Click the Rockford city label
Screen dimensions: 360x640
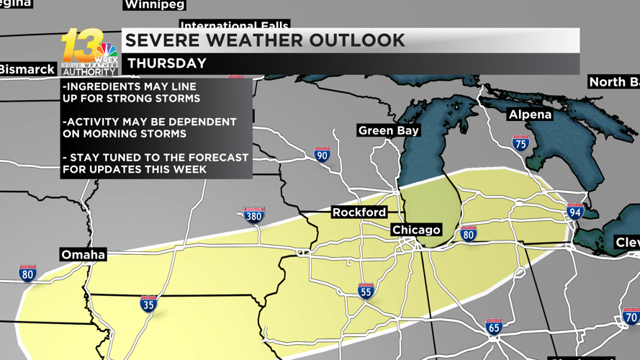pyautogui.click(x=359, y=212)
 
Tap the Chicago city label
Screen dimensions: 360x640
pyautogui.click(x=416, y=230)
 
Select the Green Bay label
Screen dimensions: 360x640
pyautogui.click(x=389, y=130)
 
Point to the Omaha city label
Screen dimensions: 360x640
pyautogui.click(x=84, y=255)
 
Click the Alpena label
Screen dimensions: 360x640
pyautogui.click(x=530, y=114)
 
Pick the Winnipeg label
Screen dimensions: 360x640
pyautogui.click(x=154, y=5)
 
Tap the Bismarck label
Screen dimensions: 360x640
pyautogui.click(x=27, y=70)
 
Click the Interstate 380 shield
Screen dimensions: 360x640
pyautogui.click(x=254, y=214)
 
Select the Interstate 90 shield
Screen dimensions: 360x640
pyautogui.click(x=323, y=154)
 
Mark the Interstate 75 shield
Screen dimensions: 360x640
pyautogui.click(x=520, y=143)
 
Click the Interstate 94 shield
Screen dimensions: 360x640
pyautogui.click(x=574, y=211)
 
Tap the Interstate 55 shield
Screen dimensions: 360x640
pyautogui.click(x=366, y=291)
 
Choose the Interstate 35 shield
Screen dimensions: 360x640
pyautogui.click(x=148, y=303)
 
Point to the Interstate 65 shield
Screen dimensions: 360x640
pyautogui.click(x=493, y=327)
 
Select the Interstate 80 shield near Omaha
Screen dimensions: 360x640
pyautogui.click(x=27, y=273)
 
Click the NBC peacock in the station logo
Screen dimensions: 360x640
pyautogui.click(x=106, y=53)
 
